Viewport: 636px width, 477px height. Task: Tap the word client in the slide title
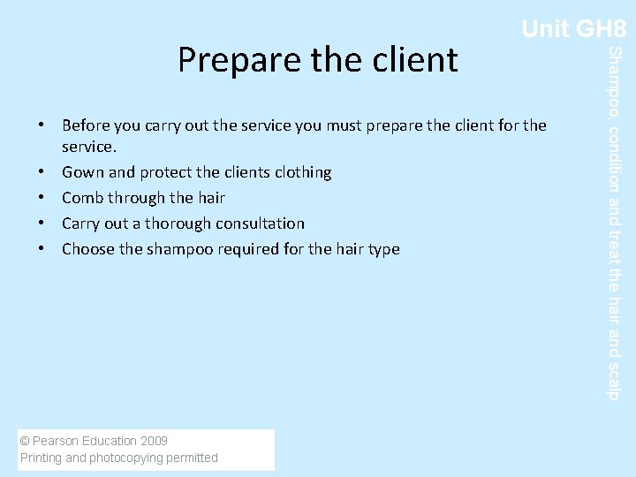coord(414,59)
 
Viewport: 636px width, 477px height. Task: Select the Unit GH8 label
coord(573,29)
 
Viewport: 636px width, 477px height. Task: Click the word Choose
coord(87,249)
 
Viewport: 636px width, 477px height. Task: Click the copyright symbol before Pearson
coord(24,441)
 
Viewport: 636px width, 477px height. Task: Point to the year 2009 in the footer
coord(154,441)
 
